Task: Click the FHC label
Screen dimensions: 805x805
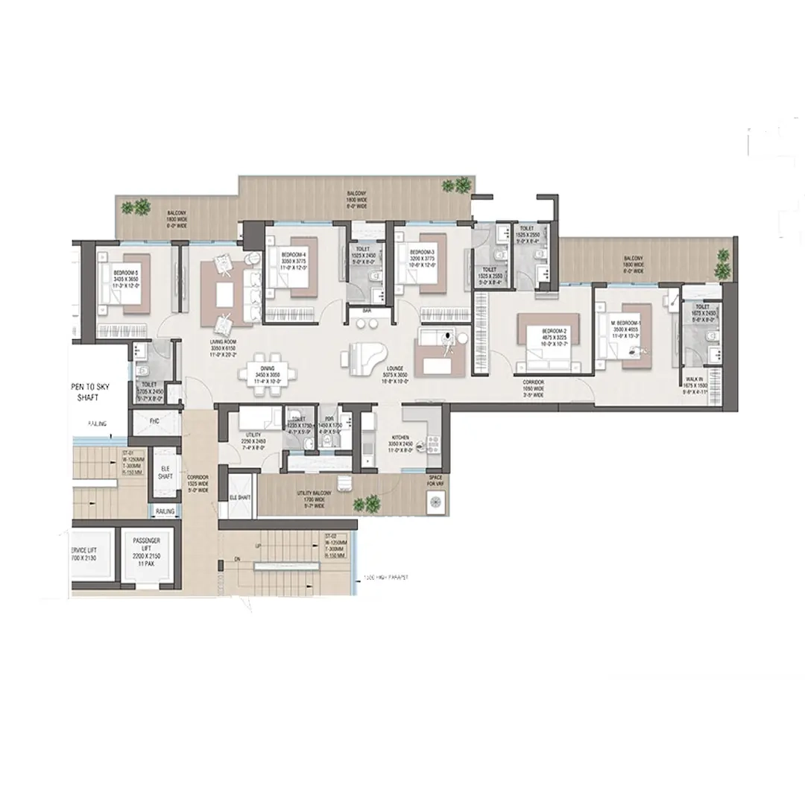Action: (x=154, y=422)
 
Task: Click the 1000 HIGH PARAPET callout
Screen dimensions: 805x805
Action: (x=388, y=576)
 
